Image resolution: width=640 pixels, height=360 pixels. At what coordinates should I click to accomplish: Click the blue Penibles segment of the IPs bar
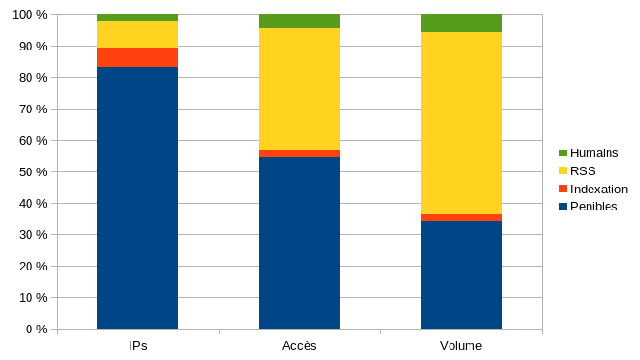[137, 197]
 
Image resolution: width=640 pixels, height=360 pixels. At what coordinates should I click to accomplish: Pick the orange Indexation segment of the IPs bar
[137, 57]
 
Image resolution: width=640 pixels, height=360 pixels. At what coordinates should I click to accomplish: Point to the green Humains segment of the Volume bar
[461, 24]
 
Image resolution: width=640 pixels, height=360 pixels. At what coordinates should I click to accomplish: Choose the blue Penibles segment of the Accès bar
[299, 243]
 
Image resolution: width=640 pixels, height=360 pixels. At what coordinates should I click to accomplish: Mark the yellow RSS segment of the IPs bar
[137, 34]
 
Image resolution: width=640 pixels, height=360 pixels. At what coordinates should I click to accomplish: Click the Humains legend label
[594, 152]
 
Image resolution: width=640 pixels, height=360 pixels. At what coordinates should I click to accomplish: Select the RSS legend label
[583, 170]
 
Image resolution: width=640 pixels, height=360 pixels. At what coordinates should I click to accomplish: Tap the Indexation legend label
[598, 189]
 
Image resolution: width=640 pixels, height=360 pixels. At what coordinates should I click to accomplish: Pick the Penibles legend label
[593, 207]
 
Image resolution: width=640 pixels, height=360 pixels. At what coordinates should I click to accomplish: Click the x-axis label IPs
[137, 345]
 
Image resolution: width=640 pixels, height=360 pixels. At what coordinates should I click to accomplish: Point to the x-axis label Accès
[299, 345]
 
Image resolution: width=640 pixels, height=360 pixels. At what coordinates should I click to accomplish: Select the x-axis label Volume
[461, 345]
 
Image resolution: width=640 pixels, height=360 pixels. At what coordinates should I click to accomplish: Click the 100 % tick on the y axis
[29, 15]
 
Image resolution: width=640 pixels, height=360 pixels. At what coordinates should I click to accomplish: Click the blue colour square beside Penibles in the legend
[563, 207]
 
